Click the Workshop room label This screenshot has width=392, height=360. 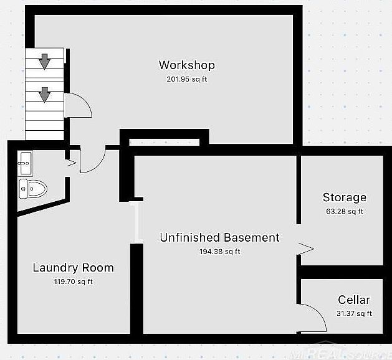[x=186, y=65]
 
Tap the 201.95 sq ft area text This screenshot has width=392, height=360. [x=186, y=79]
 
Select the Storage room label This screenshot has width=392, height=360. [x=344, y=197]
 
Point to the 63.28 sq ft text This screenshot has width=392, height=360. [x=344, y=211]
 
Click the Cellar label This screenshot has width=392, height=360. [x=354, y=300]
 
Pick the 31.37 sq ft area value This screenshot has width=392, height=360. [x=353, y=313]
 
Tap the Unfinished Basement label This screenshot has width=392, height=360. [x=219, y=237]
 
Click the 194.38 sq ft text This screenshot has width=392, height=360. [x=219, y=252]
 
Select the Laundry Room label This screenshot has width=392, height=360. [x=73, y=268]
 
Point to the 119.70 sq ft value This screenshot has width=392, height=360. [x=73, y=282]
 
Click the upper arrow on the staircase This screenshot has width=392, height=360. [x=45, y=61]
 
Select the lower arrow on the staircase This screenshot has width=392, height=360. [x=45, y=95]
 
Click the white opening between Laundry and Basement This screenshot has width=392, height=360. [x=136, y=222]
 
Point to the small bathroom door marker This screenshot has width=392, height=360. [x=70, y=164]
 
